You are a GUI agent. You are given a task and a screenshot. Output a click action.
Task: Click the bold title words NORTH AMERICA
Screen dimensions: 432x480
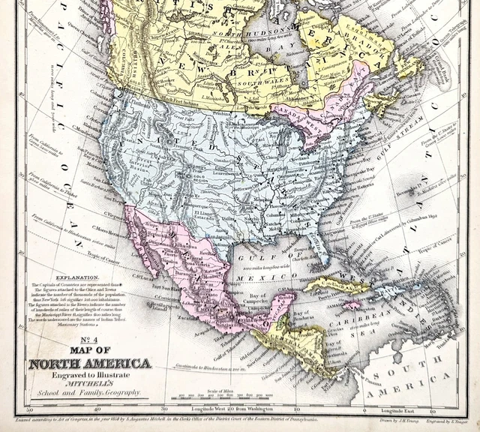click(89, 364)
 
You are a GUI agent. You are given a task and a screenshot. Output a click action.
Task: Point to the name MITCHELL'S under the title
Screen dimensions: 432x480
click(89, 383)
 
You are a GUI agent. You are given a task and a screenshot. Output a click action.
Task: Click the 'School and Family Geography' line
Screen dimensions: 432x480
click(89, 392)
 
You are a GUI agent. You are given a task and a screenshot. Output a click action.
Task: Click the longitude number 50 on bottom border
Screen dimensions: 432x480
click(29, 410)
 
